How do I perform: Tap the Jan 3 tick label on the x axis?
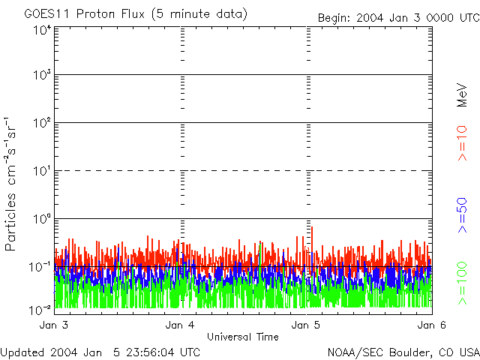(54, 325)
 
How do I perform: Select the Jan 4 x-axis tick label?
(180, 325)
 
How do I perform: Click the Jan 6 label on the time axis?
(427, 325)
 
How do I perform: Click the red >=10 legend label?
(463, 143)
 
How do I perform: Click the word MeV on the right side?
(463, 95)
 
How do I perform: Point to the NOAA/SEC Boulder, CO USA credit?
(403, 352)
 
